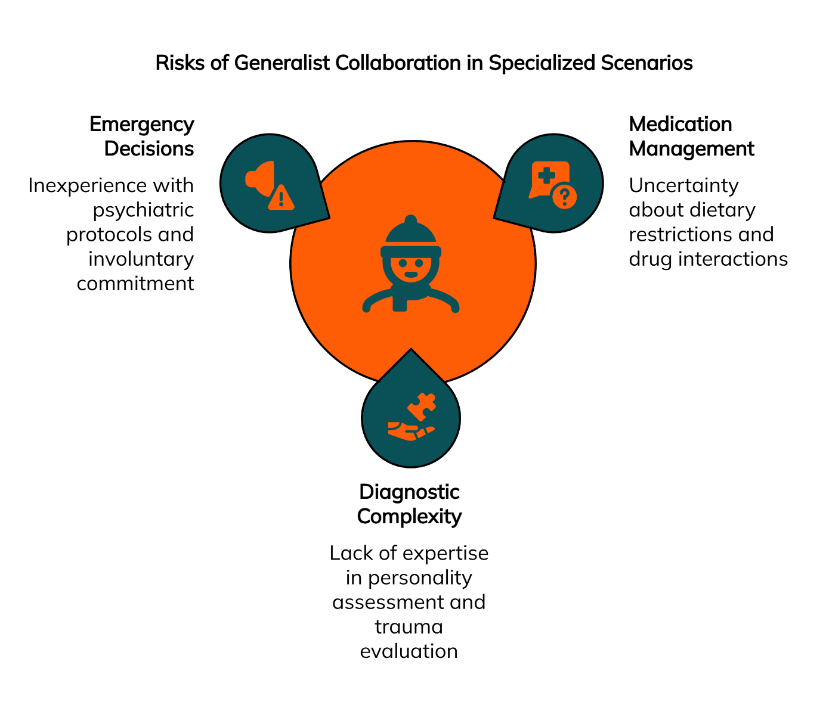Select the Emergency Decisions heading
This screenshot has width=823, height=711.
coord(142,136)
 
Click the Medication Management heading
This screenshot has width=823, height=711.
coord(691,136)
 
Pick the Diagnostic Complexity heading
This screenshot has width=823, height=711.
coord(409,504)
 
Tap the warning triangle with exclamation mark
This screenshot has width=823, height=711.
coord(281,198)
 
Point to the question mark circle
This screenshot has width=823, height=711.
coord(564,196)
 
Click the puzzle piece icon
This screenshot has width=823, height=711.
coord(422,406)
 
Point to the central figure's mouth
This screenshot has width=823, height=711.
coord(411,275)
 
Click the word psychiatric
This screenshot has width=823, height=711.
coord(143,210)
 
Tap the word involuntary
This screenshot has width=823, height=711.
coord(141,259)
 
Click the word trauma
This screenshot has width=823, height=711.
coord(409,626)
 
